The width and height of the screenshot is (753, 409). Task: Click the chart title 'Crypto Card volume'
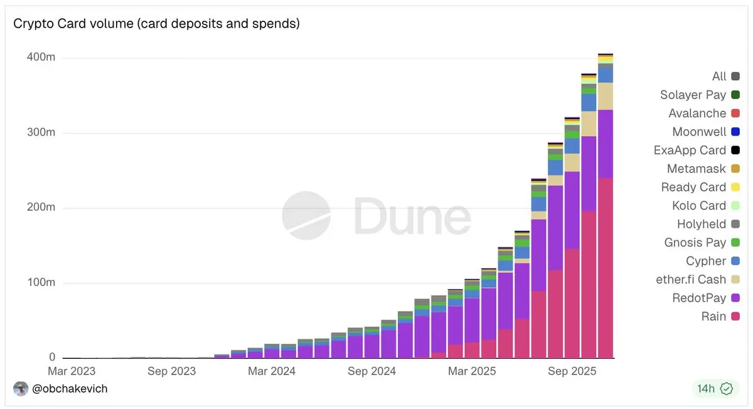pyautogui.click(x=156, y=24)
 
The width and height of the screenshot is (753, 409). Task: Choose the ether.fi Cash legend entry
pyautogui.click(x=690, y=280)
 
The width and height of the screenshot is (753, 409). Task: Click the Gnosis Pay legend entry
pyautogui.click(x=695, y=243)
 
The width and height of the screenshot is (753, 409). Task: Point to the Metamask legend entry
pyautogui.click(x=696, y=169)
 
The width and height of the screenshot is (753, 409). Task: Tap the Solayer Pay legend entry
pyautogui.click(x=693, y=95)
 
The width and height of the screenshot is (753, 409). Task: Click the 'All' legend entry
pyautogui.click(x=719, y=77)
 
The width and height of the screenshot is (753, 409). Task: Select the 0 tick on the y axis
pyautogui.click(x=52, y=358)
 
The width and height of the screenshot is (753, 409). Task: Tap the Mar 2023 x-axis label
pyautogui.click(x=71, y=371)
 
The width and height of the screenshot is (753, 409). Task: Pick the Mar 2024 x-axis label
pyautogui.click(x=272, y=371)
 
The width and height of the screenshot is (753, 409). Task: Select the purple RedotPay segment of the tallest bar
pyautogui.click(x=606, y=144)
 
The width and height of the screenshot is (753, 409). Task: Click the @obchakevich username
pyautogui.click(x=70, y=389)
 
